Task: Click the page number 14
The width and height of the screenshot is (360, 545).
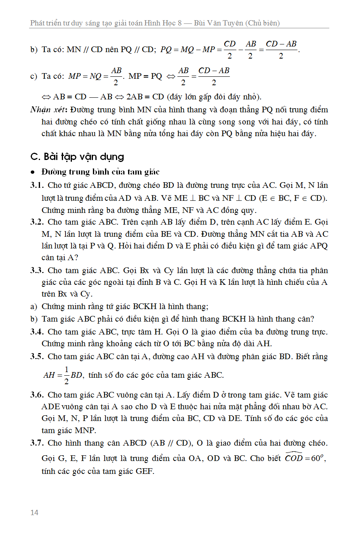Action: pos(34,512)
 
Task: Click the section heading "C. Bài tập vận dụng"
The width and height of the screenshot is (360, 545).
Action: pos(77,157)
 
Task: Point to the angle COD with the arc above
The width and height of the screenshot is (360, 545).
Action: pos(294,458)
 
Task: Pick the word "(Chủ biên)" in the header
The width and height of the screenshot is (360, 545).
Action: pos(263,23)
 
